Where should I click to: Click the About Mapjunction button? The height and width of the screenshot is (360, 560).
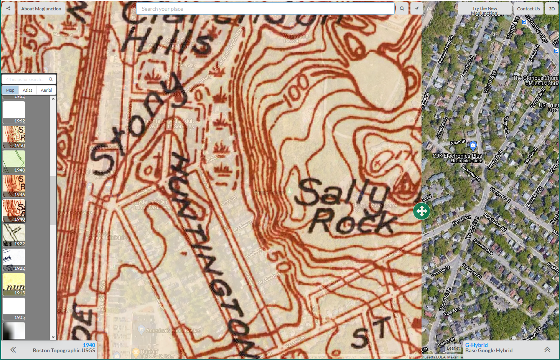click(x=41, y=8)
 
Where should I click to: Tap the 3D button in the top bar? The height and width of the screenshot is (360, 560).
click(x=552, y=8)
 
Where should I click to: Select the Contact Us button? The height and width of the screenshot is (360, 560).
click(x=528, y=8)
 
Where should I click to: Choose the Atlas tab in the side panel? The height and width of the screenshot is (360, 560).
click(x=28, y=90)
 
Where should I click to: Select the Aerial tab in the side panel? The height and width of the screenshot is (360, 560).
click(x=46, y=90)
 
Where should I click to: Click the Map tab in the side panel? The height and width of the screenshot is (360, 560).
click(x=10, y=90)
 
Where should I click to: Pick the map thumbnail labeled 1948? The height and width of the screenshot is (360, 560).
click(x=14, y=161)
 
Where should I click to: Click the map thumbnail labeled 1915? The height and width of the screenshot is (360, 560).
click(x=14, y=284)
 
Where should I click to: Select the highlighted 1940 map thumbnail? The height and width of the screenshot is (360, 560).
click(x=14, y=210)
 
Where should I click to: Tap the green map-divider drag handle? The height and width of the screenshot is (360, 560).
click(x=421, y=211)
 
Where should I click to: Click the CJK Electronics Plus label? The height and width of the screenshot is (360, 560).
click(x=457, y=156)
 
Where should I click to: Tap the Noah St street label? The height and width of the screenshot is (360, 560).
click(x=458, y=142)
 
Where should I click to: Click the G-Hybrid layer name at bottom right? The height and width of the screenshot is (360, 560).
click(x=476, y=345)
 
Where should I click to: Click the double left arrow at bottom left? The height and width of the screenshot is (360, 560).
click(x=13, y=350)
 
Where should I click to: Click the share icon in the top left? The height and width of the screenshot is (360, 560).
click(x=8, y=8)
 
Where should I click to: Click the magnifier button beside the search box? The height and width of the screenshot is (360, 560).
click(x=402, y=8)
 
